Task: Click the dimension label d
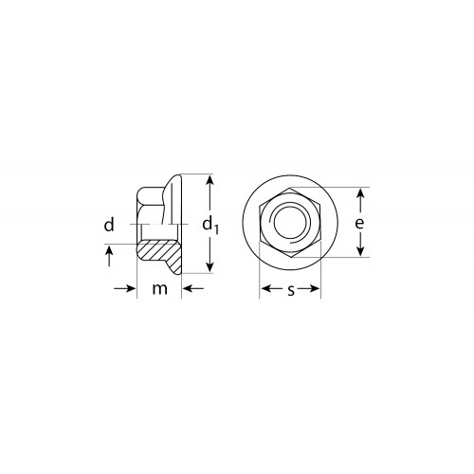tap(109, 225)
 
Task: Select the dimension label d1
tap(210, 225)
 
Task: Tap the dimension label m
tap(159, 289)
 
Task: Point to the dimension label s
tap(291, 290)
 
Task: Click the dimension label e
tap(359, 223)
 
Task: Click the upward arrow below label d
tap(109, 256)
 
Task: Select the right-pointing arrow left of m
tap(125, 288)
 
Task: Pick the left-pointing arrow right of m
tap(193, 288)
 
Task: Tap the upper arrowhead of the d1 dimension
tap(210, 180)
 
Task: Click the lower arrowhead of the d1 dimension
tap(210, 267)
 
